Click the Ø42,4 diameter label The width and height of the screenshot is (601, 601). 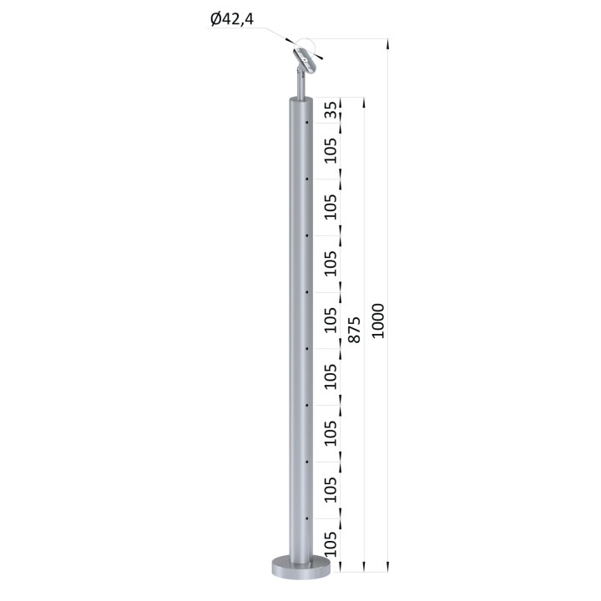[x=232, y=18]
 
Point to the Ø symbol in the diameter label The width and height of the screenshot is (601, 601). [x=215, y=18]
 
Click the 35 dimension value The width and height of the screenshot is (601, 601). [x=331, y=110]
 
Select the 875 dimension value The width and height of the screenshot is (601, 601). [x=354, y=329]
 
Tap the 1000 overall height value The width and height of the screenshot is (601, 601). [x=378, y=321]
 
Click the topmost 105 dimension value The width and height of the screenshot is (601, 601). [x=331, y=150]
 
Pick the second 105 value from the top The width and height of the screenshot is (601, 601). [x=331, y=207]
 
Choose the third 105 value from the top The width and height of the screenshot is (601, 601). [x=331, y=264]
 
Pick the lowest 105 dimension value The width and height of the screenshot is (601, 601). [x=331, y=544]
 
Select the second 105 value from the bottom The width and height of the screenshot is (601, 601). [x=331, y=490]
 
